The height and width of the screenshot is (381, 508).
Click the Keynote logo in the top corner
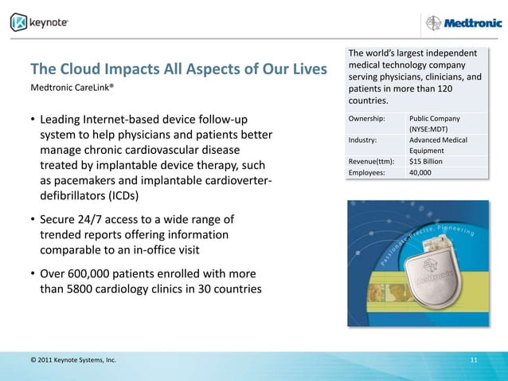(x=40, y=22)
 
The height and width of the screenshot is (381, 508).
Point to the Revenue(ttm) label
(x=371, y=161)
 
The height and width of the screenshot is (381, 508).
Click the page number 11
(x=474, y=361)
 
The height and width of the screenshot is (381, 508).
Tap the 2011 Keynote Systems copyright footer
(x=72, y=361)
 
